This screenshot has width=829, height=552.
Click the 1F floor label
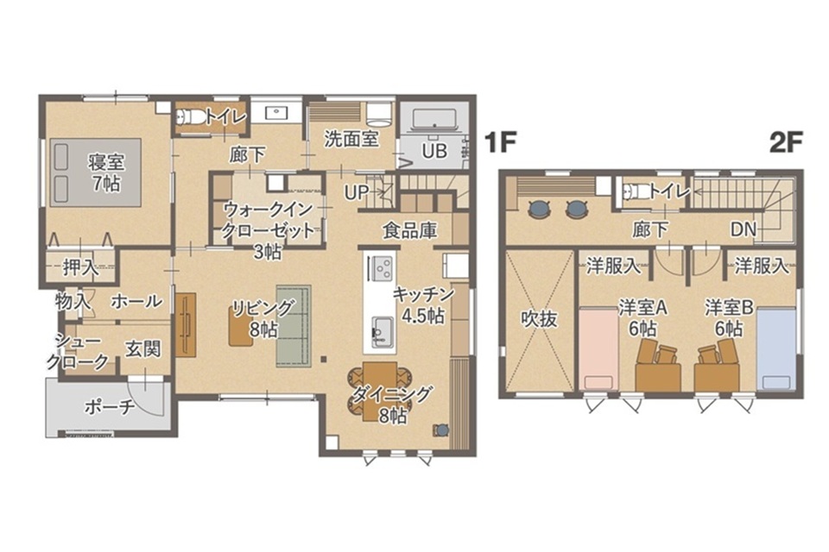click(x=500, y=142)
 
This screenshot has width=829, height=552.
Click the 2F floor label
click(x=786, y=142)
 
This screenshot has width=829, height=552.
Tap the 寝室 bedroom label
click(x=106, y=163)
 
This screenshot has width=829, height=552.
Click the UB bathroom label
click(x=434, y=151)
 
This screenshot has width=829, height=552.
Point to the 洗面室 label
click(x=351, y=139)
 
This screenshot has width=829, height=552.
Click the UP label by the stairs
click(x=357, y=192)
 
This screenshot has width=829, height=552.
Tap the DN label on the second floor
click(x=744, y=229)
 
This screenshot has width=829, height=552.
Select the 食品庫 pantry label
click(x=409, y=230)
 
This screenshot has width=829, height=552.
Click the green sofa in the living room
click(x=294, y=325)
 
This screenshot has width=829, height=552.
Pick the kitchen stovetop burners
click(x=381, y=268)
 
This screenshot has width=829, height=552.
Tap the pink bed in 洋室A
click(x=599, y=349)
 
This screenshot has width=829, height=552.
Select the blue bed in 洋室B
click(x=776, y=349)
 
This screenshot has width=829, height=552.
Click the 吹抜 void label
click(x=539, y=318)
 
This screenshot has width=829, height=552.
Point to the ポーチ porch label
click(x=110, y=407)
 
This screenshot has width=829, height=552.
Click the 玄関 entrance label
click(x=143, y=348)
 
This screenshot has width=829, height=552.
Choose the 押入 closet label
click(x=80, y=267)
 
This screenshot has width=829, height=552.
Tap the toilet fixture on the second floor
click(x=632, y=191)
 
